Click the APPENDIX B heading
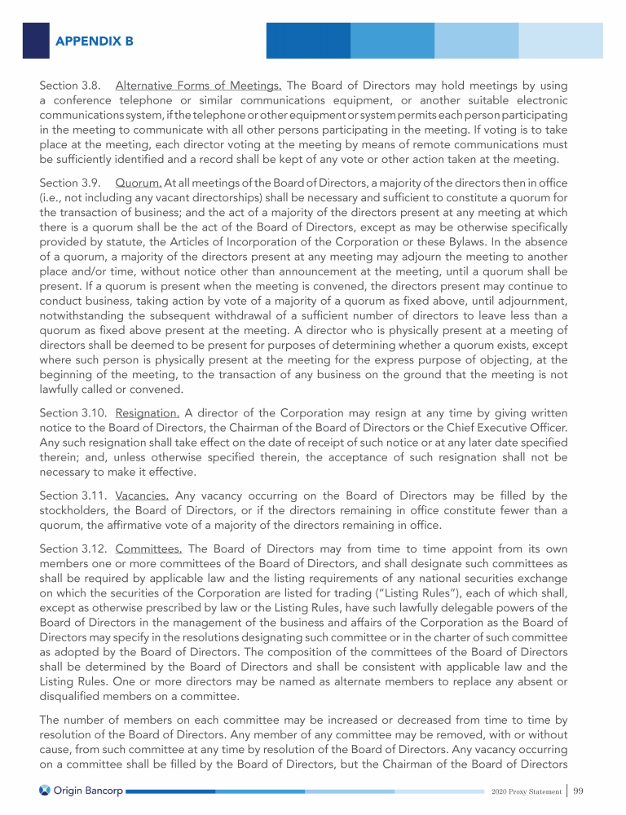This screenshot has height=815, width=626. tap(95, 40)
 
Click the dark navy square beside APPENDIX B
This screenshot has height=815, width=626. tap(36, 40)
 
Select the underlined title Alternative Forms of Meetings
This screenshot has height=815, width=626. tap(199, 85)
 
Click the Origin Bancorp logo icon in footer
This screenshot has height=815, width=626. tap(46, 790)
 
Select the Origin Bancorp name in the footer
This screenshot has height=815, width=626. tap(89, 790)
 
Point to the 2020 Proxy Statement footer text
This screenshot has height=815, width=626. tap(527, 791)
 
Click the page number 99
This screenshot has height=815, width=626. tap(580, 790)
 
